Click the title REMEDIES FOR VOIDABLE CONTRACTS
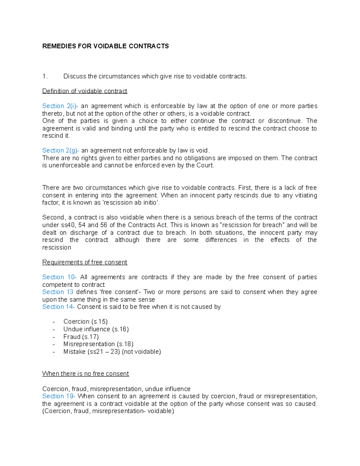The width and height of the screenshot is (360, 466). click(x=105, y=46)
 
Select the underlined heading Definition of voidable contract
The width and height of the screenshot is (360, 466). click(x=85, y=91)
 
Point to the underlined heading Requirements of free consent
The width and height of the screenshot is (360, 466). click(x=85, y=262)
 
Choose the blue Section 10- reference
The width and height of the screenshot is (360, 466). click(x=59, y=277)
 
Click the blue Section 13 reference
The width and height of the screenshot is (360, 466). click(x=58, y=292)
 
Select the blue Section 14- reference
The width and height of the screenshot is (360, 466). click(x=58, y=307)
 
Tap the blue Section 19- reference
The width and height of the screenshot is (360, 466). click(x=59, y=396)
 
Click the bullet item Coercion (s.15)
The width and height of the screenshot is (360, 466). click(x=85, y=322)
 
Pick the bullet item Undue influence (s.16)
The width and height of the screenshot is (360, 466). click(x=96, y=329)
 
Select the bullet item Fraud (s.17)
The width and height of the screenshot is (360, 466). click(x=81, y=337)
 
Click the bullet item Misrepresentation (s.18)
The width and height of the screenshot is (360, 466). click(x=98, y=344)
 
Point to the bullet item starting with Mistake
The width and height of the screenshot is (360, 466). click(x=112, y=351)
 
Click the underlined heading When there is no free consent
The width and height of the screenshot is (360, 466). click(x=85, y=374)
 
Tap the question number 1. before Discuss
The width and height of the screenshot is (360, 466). click(x=45, y=76)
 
